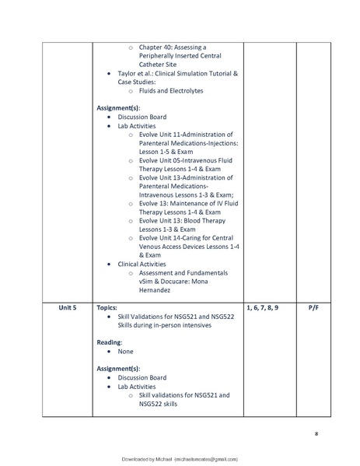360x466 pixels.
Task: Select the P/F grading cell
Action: pyautogui.click(x=314, y=308)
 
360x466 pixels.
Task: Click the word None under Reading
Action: pyautogui.click(x=127, y=351)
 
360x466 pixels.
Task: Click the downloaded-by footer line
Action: pyautogui.click(x=180, y=460)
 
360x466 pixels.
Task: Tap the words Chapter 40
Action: pyautogui.click(x=158, y=47)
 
